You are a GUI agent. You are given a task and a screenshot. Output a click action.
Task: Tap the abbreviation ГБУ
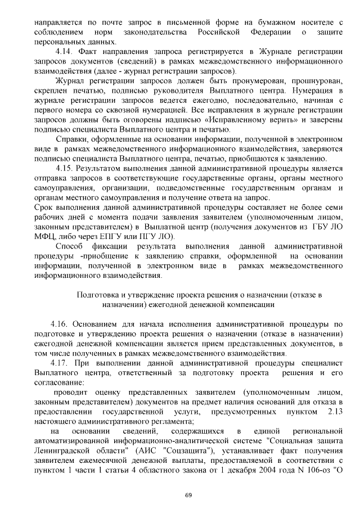coord(321,226)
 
